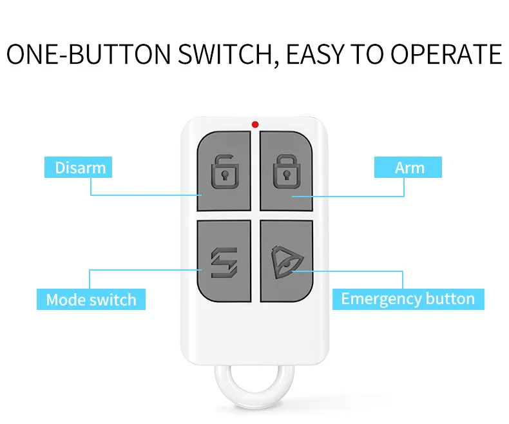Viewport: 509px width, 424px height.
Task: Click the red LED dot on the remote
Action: [x=255, y=124]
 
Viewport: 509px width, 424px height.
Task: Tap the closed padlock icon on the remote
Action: [x=285, y=171]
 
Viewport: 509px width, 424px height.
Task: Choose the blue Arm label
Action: [x=409, y=168]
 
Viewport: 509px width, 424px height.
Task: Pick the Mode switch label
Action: [x=91, y=300]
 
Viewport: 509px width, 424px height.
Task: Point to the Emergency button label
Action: [x=407, y=299]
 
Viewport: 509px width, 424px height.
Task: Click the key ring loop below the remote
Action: [x=254, y=394]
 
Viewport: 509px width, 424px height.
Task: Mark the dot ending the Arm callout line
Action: [x=293, y=195]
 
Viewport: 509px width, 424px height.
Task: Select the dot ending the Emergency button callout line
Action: [x=293, y=271]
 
